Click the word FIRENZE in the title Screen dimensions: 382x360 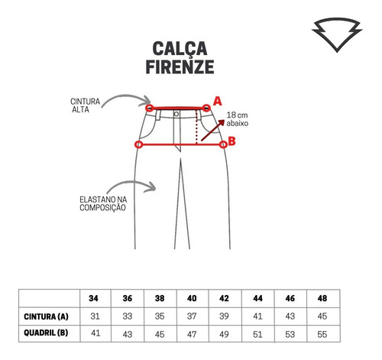click(x=180, y=67)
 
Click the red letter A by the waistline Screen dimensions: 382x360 click(x=217, y=102)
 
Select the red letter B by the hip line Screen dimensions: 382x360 click(x=231, y=141)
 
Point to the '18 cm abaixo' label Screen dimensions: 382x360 click(x=237, y=119)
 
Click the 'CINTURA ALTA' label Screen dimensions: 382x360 click(x=85, y=105)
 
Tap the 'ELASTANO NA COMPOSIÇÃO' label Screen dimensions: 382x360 click(x=103, y=203)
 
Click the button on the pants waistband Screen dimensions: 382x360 click(x=176, y=114)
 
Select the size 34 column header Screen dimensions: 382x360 click(x=93, y=298)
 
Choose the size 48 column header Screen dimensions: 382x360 click(x=322, y=298)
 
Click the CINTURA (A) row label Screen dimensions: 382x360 click(x=46, y=316)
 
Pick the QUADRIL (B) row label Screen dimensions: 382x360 click(x=46, y=332)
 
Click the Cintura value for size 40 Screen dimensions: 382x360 click(x=192, y=316)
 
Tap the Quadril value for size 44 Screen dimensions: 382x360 click(x=257, y=334)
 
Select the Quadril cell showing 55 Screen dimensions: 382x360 click(x=322, y=334)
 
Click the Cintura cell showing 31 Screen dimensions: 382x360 click(x=95, y=316)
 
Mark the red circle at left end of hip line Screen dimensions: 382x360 click(x=138, y=144)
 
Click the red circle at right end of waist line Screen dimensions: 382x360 click(x=206, y=108)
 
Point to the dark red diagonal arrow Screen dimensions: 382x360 click(x=212, y=130)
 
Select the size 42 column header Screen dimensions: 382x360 click(x=224, y=298)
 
